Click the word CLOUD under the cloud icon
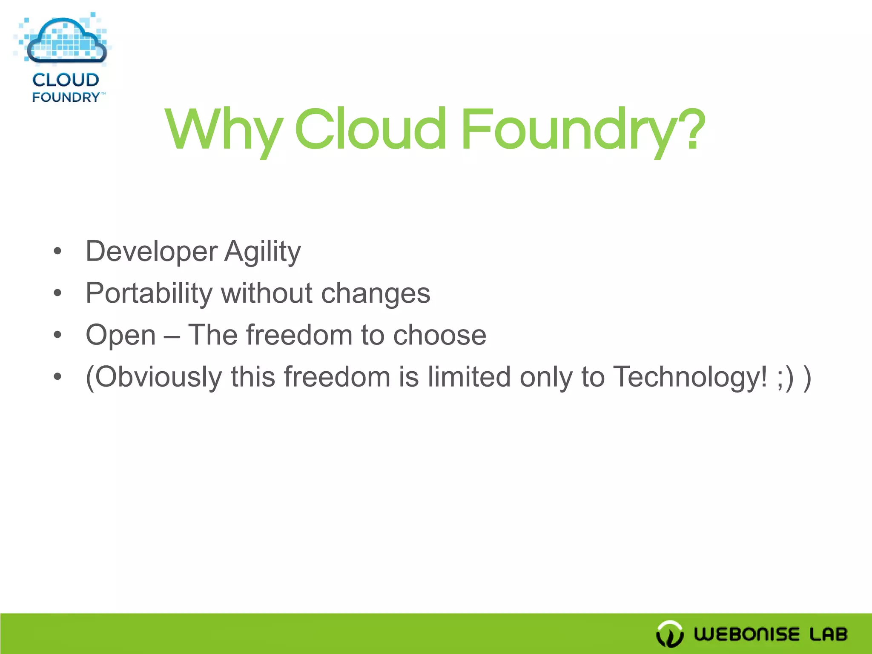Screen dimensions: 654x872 click(66, 80)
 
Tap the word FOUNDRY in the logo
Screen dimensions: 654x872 click(66, 97)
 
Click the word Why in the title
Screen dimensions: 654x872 click(224, 130)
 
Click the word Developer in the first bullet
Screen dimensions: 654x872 click(151, 251)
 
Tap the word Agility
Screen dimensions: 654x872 click(262, 251)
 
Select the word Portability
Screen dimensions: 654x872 click(149, 293)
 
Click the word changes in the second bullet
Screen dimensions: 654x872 click(376, 293)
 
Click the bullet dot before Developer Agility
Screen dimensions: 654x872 click(58, 251)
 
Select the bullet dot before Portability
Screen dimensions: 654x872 click(58, 293)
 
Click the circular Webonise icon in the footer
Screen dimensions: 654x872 click(670, 634)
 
